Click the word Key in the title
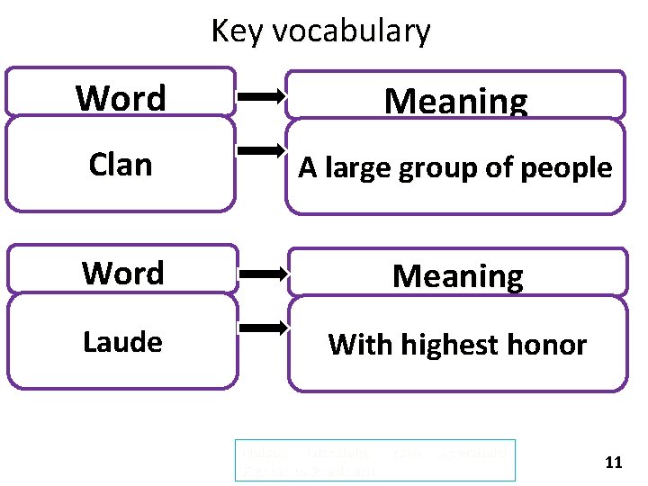click(236, 31)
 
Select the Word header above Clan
click(121, 97)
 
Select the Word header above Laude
click(122, 273)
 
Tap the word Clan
click(121, 165)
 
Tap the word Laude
click(122, 342)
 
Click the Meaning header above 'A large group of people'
click(455, 101)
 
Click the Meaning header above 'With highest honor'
click(457, 275)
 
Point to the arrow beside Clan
click(261, 150)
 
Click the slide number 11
click(614, 463)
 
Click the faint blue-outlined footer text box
click(374, 460)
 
